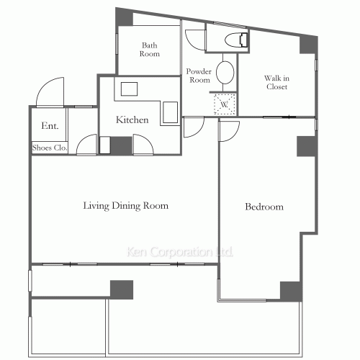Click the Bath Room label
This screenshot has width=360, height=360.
click(x=150, y=50)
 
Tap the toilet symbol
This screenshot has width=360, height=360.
click(x=236, y=40)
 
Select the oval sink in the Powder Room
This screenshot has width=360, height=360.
click(x=225, y=73)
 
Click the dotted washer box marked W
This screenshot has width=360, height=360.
click(x=225, y=104)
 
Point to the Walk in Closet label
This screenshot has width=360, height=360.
click(x=276, y=82)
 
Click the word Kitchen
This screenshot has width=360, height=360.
click(x=132, y=120)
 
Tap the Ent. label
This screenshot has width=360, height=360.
click(x=50, y=125)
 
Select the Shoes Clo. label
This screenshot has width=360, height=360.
click(x=50, y=148)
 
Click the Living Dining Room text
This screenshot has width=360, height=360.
click(x=126, y=206)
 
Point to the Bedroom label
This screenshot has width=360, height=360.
click(x=264, y=207)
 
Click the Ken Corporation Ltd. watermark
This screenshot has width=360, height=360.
click(x=180, y=252)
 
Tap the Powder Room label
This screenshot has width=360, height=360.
click(x=199, y=76)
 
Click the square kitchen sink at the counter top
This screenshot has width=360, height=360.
click(x=129, y=89)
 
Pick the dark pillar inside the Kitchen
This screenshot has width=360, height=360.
click(x=121, y=145)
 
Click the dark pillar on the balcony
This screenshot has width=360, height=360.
click(x=122, y=289)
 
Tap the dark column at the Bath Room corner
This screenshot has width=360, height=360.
click(x=124, y=17)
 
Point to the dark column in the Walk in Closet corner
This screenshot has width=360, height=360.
click(x=308, y=45)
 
